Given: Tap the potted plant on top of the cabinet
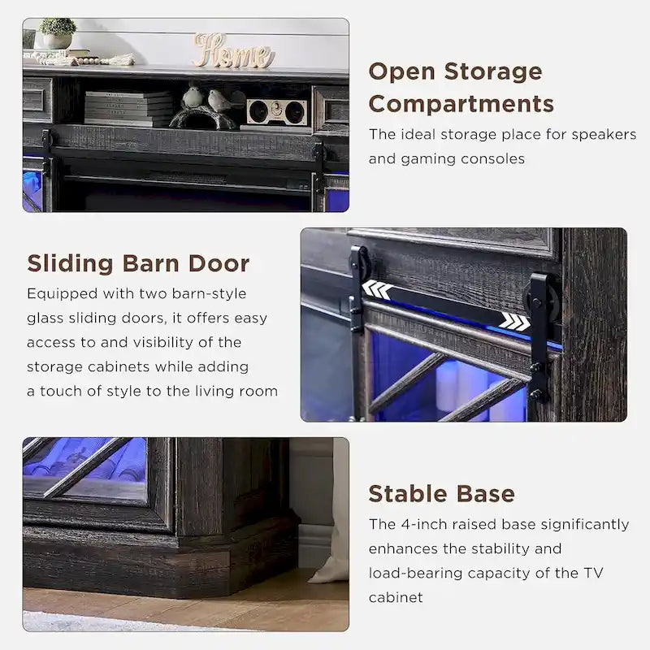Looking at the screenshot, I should [58, 33].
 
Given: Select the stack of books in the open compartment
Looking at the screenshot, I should [129, 108].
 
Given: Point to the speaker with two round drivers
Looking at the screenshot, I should [276, 112].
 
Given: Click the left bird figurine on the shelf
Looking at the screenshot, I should [193, 97].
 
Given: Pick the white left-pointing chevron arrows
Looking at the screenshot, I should [375, 289].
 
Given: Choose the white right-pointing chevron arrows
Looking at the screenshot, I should [514, 322].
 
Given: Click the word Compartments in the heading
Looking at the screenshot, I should [461, 104].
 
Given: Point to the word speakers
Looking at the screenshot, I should [604, 134].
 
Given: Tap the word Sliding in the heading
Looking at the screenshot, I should [71, 263].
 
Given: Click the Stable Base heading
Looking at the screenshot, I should [441, 493].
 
